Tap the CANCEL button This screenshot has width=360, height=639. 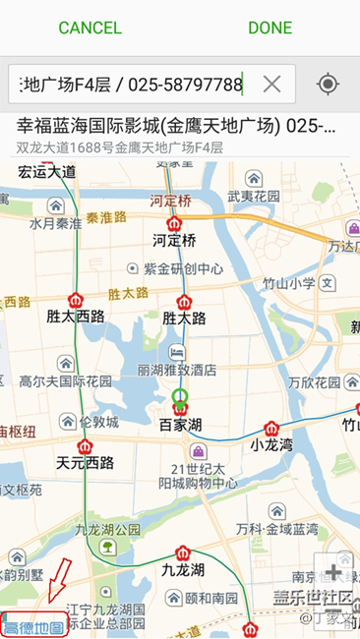pyautogui.click(x=90, y=28)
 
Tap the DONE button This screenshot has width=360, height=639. pyautogui.click(x=270, y=28)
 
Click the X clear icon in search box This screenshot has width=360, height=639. pyautogui.click(x=271, y=85)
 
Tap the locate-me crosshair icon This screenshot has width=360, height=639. pyautogui.click(x=328, y=85)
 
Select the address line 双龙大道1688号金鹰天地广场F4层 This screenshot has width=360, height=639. pyautogui.click(x=119, y=147)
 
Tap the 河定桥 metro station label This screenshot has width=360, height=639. pyautogui.click(x=174, y=240)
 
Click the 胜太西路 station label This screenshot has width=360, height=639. pyautogui.click(x=76, y=318)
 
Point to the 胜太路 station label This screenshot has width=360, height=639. pyautogui.click(x=183, y=318)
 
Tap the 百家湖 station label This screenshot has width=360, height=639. pyautogui.click(x=180, y=426)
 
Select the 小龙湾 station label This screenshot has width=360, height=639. pyautogui.click(x=271, y=444)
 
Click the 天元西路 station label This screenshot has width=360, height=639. pyautogui.click(x=84, y=462)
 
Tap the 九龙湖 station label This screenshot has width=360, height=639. pyautogui.click(x=183, y=569)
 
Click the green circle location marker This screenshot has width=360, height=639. pyautogui.click(x=179, y=397)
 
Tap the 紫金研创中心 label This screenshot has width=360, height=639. pyautogui.click(x=182, y=268)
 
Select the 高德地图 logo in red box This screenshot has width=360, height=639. pyautogui.click(x=33, y=626)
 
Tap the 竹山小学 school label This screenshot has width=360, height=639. pyautogui.click(x=288, y=284)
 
